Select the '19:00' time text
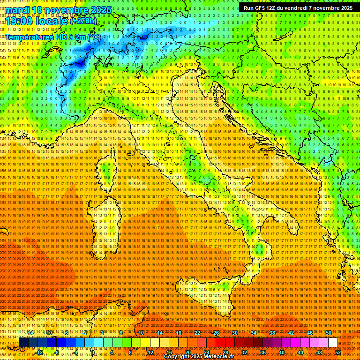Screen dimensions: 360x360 coord(17,21)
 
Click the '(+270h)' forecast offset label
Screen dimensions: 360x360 coord(83,21)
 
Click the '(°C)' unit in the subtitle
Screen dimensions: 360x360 coord(94,37)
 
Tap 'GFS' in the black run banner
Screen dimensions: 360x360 coord(261,8)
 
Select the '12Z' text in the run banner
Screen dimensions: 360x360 coord(273,8)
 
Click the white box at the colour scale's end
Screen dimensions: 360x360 coord(333,343)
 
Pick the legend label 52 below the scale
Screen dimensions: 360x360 coord(338,352)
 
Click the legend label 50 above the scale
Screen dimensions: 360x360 coord(329,333)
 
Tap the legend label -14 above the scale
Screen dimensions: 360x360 coord(30,333)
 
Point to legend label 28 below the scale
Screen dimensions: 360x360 coord(225,352)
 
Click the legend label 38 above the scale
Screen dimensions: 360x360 coord(272,333)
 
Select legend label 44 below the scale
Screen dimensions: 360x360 coord(300,352)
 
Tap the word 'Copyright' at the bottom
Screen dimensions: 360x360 coord(177,357)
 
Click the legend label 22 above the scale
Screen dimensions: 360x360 coord(197,333)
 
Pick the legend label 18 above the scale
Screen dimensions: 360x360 coord(179,333)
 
